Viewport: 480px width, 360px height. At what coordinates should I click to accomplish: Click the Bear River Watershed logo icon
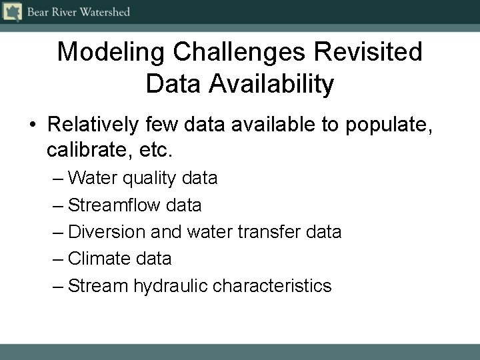[x=12, y=11]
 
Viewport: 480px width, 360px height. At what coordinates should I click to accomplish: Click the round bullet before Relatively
[x=32, y=124]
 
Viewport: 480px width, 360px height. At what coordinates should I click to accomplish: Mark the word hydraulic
[x=171, y=286]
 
